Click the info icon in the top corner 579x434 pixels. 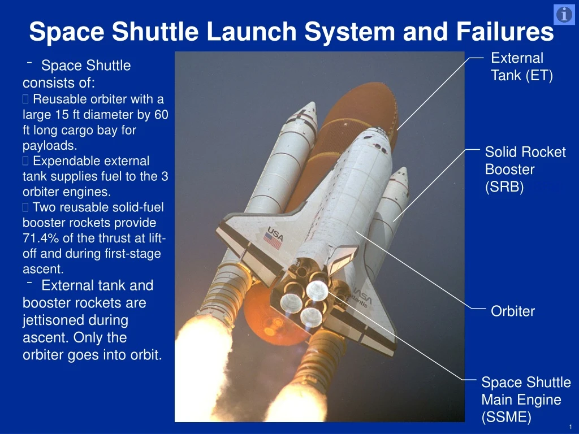(x=564, y=15)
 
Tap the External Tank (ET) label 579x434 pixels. (x=521, y=66)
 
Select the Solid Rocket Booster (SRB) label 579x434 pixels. (x=525, y=170)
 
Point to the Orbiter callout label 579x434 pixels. (x=512, y=311)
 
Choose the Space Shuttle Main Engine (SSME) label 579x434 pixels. (x=525, y=400)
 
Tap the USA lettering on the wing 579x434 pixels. (x=275, y=232)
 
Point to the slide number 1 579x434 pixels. (x=571, y=426)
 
